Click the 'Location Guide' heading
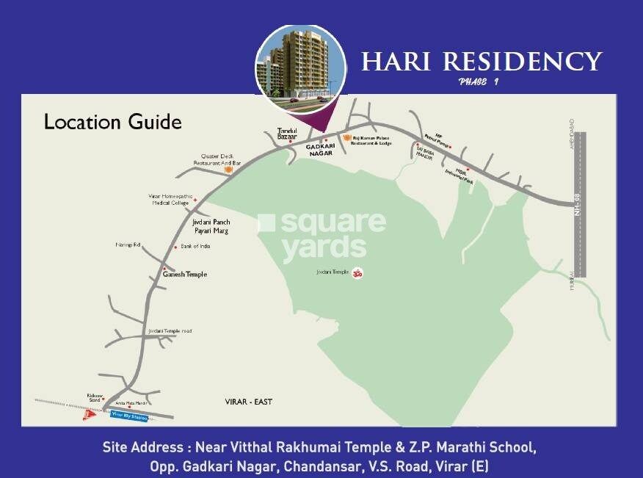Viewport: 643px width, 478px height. [x=112, y=121]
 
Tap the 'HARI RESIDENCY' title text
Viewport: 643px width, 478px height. [x=482, y=61]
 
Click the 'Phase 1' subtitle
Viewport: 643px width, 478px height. [x=478, y=82]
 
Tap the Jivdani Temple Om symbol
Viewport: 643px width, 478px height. [x=357, y=272]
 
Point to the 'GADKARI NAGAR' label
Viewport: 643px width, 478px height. [x=320, y=150]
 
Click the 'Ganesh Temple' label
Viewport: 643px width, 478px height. [x=185, y=275]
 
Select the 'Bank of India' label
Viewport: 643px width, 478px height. [x=195, y=246]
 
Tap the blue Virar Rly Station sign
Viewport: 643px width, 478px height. [x=129, y=417]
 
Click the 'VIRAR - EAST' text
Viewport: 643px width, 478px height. [x=248, y=402]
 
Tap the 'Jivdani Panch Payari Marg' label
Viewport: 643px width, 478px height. [x=211, y=225]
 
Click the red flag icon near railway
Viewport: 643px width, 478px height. [x=90, y=415]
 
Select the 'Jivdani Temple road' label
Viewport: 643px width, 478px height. [x=170, y=331]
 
